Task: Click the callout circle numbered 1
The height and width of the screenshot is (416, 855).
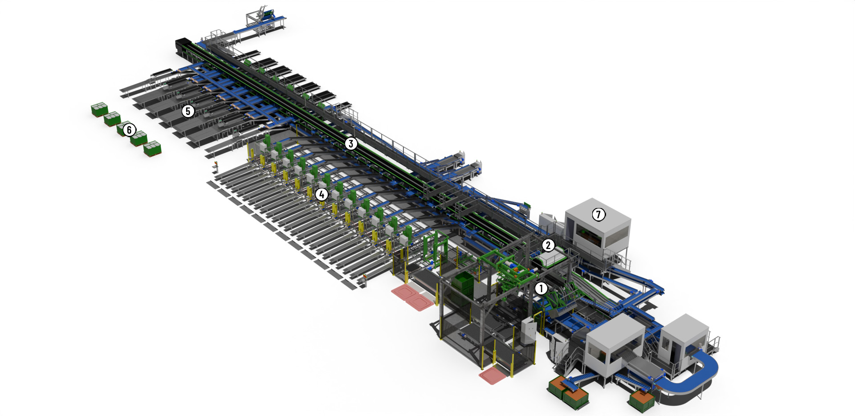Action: coord(541,288)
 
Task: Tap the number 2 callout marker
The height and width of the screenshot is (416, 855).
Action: coord(548,245)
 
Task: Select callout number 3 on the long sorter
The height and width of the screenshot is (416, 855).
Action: coord(351,143)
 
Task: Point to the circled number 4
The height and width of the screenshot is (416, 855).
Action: coord(322,194)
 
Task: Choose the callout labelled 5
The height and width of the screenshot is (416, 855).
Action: coord(188,111)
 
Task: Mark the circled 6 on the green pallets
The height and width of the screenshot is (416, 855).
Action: coord(129,130)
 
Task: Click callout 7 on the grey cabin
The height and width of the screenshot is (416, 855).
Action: coord(598,215)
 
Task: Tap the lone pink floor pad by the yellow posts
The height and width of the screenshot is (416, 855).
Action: coord(493,375)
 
